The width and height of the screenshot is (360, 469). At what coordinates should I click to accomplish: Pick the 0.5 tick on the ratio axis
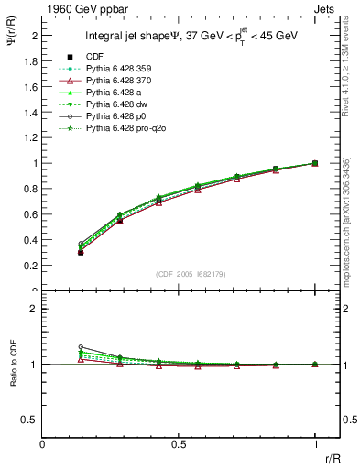(x=32, y=420)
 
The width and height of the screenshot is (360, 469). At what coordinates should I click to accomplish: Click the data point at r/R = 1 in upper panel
(x=315, y=163)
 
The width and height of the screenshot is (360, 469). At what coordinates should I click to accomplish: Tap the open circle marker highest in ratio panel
(x=81, y=347)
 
